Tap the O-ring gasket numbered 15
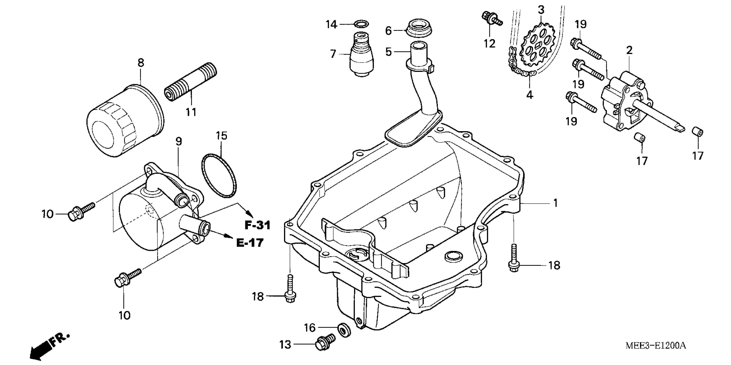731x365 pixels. [219, 175]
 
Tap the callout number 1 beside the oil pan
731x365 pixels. [555, 203]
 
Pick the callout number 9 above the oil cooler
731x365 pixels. [178, 141]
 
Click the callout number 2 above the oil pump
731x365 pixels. [629, 51]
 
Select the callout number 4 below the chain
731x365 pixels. [530, 95]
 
